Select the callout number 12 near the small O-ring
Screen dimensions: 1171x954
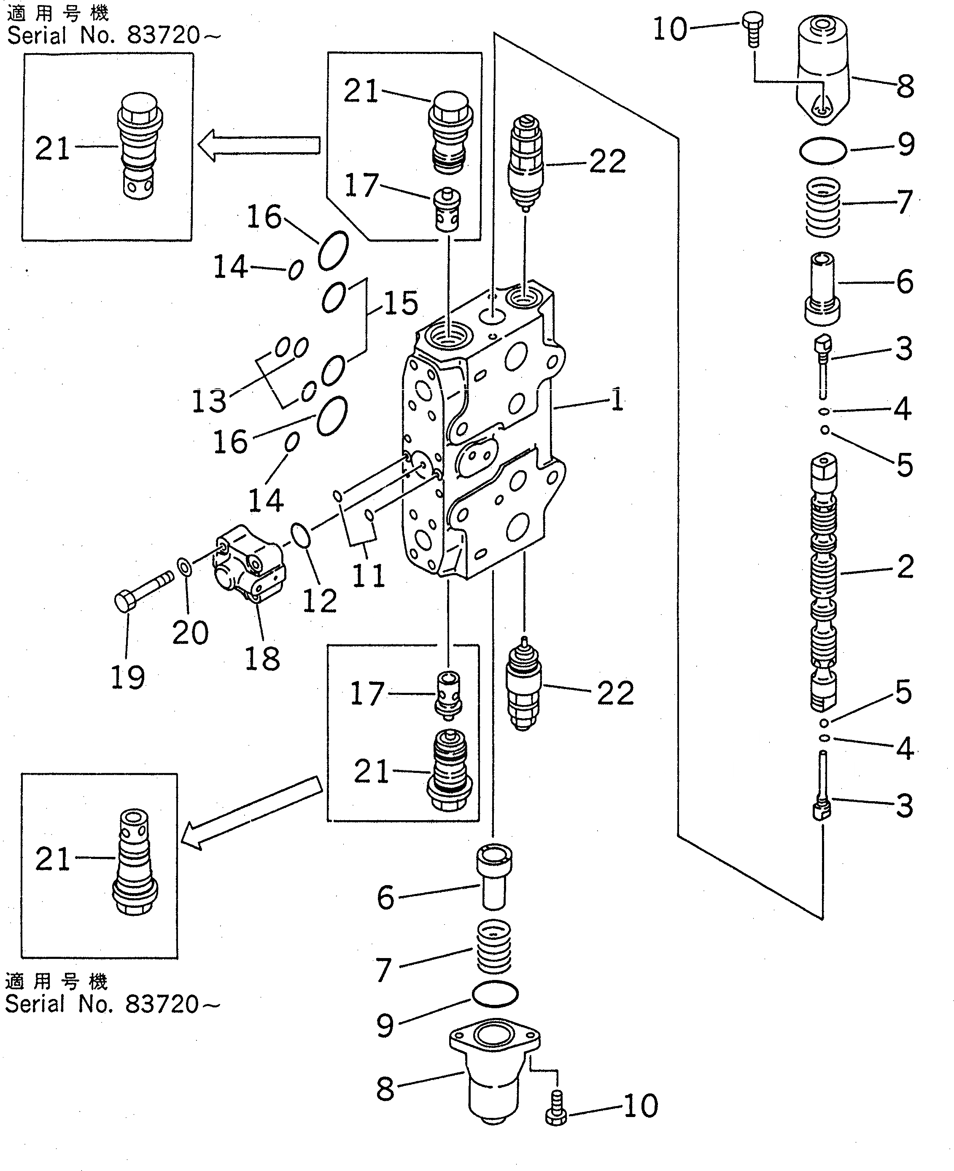coord(319,601)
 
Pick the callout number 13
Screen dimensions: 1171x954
coord(209,401)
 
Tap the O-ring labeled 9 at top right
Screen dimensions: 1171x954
coord(823,151)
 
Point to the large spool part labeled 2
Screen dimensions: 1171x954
coord(823,582)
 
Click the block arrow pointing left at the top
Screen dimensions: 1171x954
coord(258,145)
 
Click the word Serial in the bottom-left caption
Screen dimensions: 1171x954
coord(35,1004)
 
